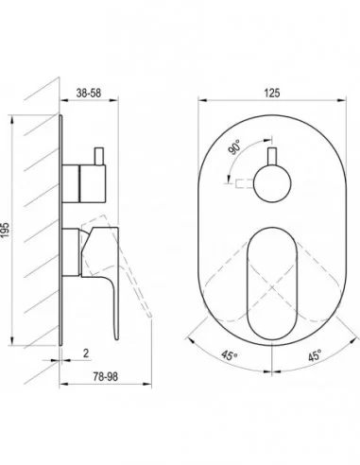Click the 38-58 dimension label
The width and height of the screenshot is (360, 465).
coord(89,93)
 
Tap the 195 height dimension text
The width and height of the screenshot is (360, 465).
coord(6,231)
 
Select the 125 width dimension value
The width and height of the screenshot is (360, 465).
coord(272,93)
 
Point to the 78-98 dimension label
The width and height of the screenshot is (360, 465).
coord(106,376)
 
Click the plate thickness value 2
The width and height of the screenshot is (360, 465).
coord(86,353)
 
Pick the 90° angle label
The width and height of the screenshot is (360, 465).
coord(234,147)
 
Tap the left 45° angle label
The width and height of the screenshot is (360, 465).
coord(229,355)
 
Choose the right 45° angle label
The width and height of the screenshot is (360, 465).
coord(315,355)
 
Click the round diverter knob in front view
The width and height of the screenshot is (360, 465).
coord(272,183)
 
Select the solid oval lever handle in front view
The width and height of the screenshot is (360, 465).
coord(272,284)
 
